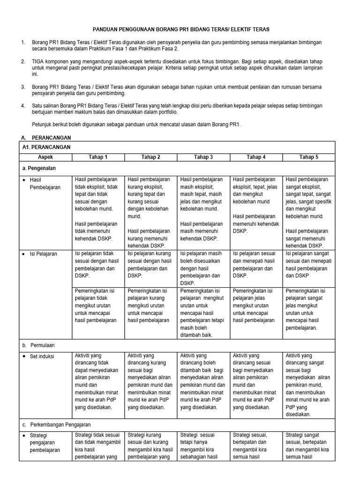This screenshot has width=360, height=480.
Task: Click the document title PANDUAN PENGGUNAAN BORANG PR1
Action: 180,29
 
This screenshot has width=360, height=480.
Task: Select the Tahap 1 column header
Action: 98,157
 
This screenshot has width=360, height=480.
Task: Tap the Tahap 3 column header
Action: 203,157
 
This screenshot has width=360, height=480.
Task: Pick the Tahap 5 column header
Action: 308,157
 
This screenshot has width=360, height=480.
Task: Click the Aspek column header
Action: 45,157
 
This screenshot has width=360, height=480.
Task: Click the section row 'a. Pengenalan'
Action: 43,167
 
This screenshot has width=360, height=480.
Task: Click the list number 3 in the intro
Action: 23,87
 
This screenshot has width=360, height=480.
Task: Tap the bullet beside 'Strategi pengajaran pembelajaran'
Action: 24,435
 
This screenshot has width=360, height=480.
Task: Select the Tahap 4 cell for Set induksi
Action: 256,381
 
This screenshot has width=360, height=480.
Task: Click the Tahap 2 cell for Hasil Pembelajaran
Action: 150,212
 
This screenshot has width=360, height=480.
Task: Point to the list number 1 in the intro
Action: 23,43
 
